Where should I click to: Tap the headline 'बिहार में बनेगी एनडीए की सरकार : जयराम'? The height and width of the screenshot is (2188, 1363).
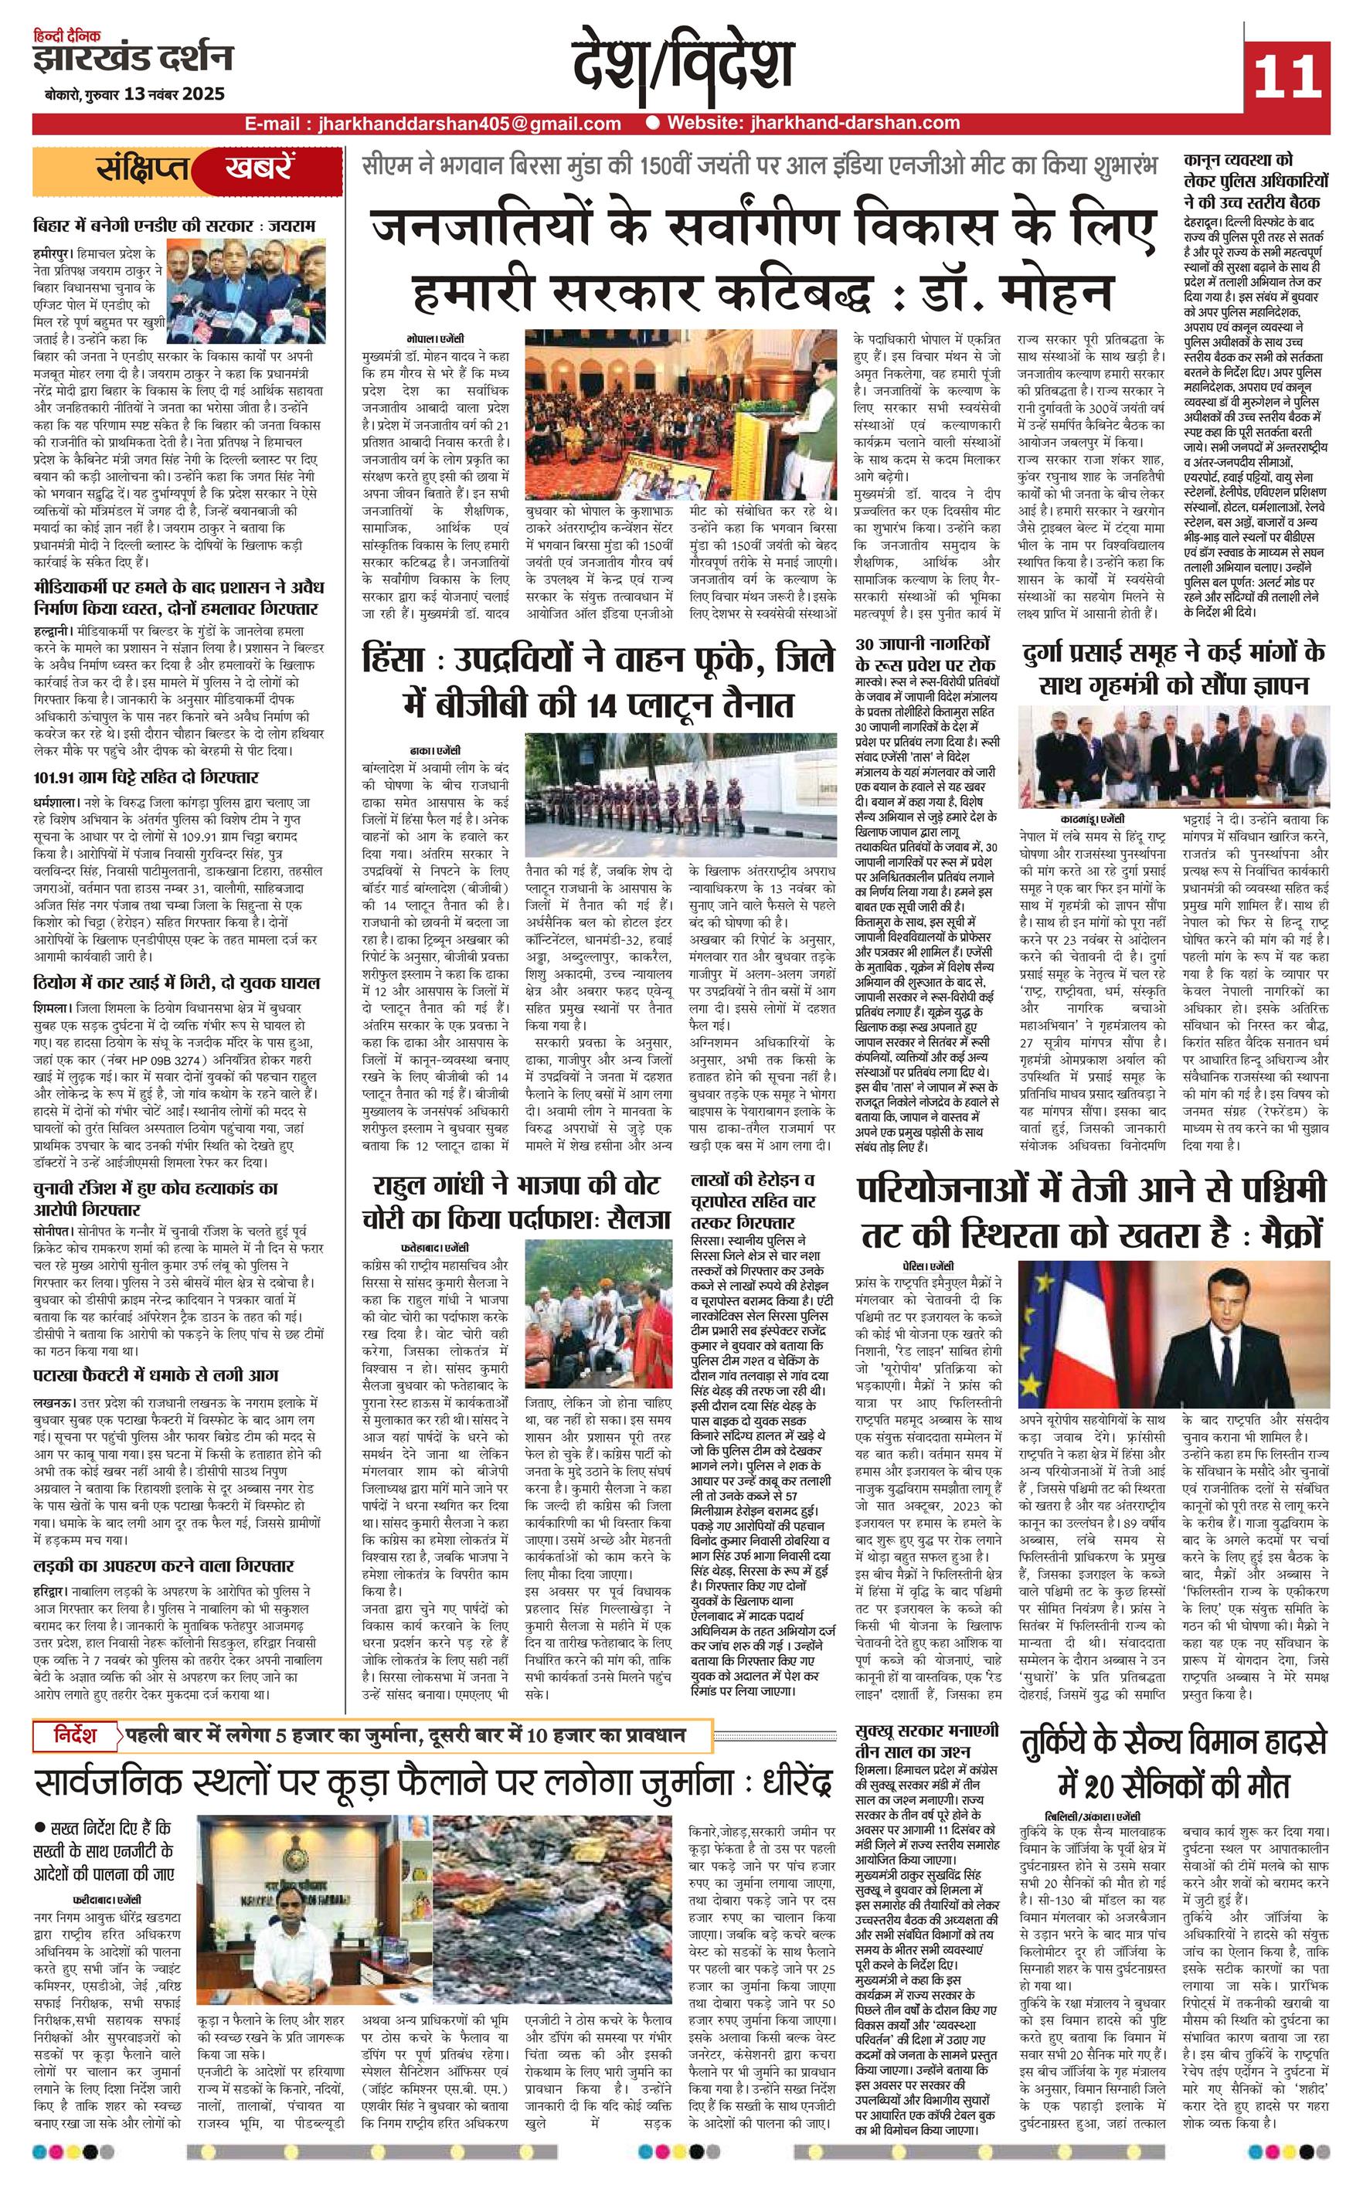174,224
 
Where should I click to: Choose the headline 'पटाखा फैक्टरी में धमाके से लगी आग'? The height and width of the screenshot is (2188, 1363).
155,1375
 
